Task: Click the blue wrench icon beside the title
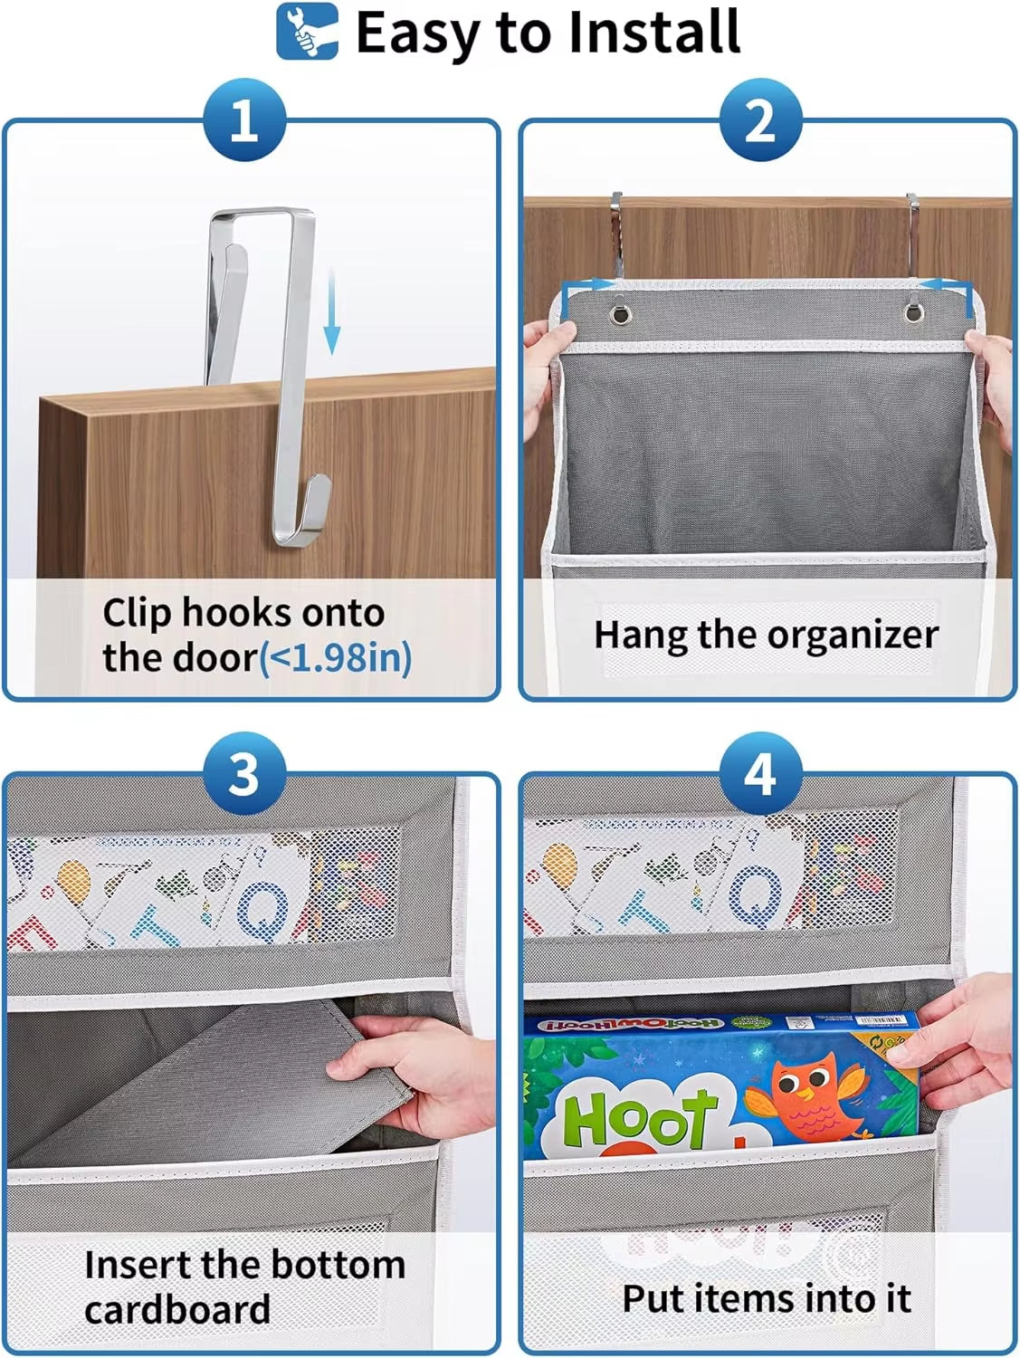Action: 307,32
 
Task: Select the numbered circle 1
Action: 244,120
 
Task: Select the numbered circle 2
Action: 760,120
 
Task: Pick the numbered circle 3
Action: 244,775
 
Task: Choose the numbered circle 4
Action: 760,775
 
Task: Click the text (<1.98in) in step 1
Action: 336,657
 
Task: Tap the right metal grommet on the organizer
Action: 912,314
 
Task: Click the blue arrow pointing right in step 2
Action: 589,285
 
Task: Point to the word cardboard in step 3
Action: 177,1310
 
